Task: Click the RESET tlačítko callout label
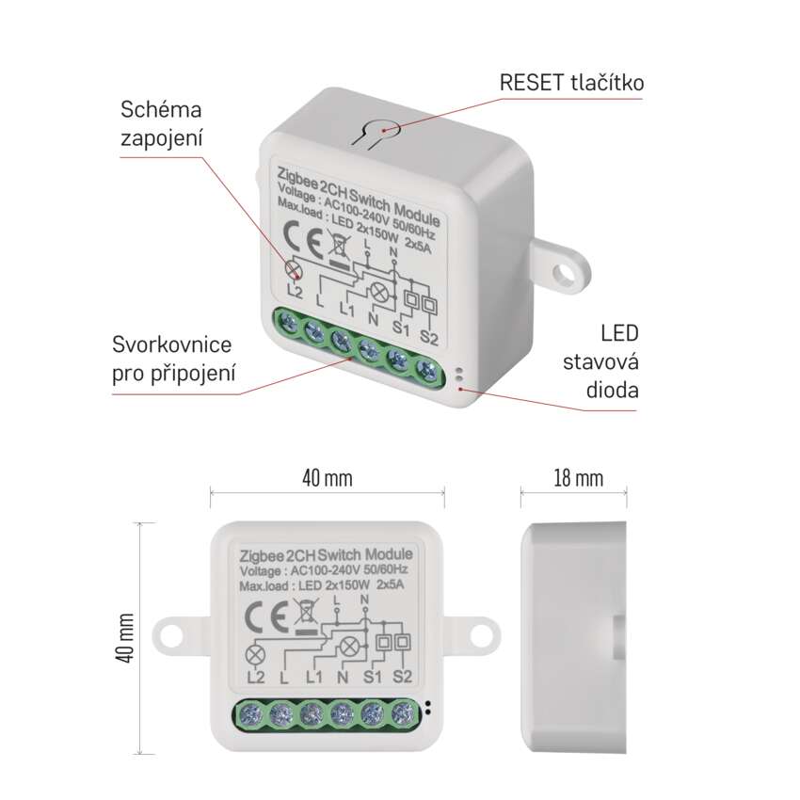coord(571,83)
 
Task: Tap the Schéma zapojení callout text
coord(161,124)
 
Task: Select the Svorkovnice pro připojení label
coord(173,360)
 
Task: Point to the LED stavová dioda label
coord(601,361)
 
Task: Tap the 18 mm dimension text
coord(579,478)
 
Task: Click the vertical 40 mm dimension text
coord(125,638)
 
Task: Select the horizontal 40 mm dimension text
coord(327,478)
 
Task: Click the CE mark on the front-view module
coord(265,616)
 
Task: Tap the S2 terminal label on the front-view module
coord(402,677)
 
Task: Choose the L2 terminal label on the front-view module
coord(255,677)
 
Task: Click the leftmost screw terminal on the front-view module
coord(250,713)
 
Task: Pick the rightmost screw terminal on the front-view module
coord(404,713)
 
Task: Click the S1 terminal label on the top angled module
coord(401,327)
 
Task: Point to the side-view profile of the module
coord(573,637)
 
